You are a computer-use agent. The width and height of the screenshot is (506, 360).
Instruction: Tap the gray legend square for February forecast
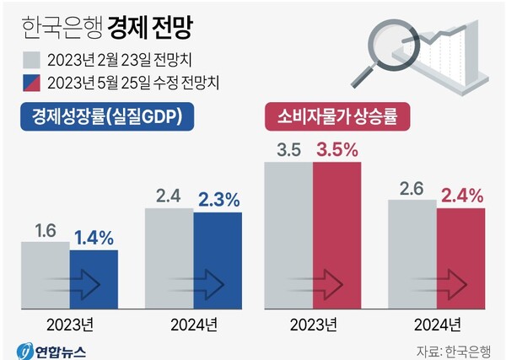(31, 61)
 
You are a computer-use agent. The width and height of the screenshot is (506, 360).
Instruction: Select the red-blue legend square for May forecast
(31, 83)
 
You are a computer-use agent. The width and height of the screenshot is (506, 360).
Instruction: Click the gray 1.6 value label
(45, 229)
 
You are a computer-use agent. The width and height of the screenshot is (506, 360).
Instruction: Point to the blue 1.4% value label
(94, 237)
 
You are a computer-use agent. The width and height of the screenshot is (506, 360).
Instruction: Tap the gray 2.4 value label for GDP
(170, 196)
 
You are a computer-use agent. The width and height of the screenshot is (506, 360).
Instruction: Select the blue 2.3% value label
(219, 200)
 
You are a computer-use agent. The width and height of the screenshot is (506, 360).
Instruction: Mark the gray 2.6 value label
(412, 189)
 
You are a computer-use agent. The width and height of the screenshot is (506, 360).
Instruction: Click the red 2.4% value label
(461, 196)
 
